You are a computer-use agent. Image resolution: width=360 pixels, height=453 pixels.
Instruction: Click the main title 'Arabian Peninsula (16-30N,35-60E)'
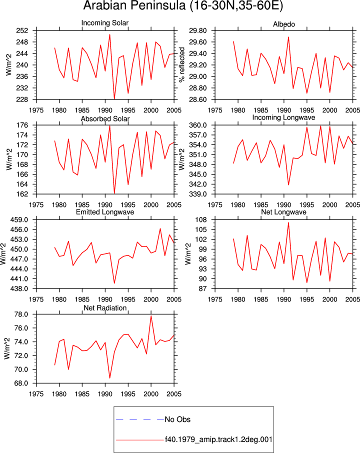click(183, 5)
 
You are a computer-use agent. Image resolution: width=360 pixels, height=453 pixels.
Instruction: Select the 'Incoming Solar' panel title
click(105, 23)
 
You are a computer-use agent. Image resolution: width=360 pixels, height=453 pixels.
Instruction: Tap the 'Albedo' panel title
click(284, 24)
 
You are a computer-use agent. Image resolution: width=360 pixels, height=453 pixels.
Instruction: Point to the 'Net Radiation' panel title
click(105, 308)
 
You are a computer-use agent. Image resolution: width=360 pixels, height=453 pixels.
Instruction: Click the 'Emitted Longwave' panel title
click(105, 212)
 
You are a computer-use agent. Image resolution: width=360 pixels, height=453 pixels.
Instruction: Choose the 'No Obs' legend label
click(177, 419)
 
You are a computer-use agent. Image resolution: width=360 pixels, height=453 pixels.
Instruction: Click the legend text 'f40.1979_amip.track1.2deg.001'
click(218, 439)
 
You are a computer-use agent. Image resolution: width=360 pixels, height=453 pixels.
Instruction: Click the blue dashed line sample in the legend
click(140, 419)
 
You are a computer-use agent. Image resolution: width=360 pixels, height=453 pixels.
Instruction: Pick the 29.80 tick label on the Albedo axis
click(198, 30)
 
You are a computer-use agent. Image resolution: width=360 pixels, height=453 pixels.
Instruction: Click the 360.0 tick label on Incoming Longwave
click(198, 125)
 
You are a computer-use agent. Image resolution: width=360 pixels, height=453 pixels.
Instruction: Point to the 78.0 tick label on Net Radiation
click(22, 314)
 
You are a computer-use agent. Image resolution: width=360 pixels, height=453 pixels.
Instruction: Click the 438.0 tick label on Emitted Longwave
click(20, 288)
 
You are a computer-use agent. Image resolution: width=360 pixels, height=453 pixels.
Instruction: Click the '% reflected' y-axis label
click(181, 64)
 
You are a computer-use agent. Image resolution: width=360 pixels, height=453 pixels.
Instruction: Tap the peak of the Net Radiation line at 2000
click(151, 316)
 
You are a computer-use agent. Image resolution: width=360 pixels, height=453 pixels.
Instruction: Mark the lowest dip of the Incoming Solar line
click(114, 99)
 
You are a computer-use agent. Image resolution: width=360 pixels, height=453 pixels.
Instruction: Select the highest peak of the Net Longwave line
click(288, 222)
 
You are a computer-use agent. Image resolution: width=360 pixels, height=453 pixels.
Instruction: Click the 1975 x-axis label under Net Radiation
click(36, 394)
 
